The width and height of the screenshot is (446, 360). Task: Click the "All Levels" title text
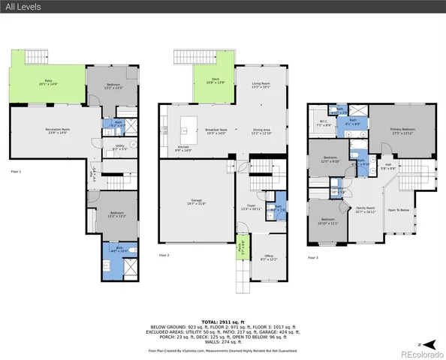(x=23, y=7)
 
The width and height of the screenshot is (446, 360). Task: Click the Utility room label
(x=119, y=148)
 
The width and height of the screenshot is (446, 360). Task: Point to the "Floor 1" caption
(x=16, y=172)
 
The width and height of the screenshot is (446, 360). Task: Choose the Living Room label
(x=261, y=85)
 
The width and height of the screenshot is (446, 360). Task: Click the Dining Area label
(x=261, y=131)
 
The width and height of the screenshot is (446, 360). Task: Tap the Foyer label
(x=252, y=206)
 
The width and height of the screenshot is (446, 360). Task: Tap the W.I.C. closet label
(x=324, y=124)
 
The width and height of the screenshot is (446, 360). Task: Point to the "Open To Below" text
(x=398, y=210)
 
